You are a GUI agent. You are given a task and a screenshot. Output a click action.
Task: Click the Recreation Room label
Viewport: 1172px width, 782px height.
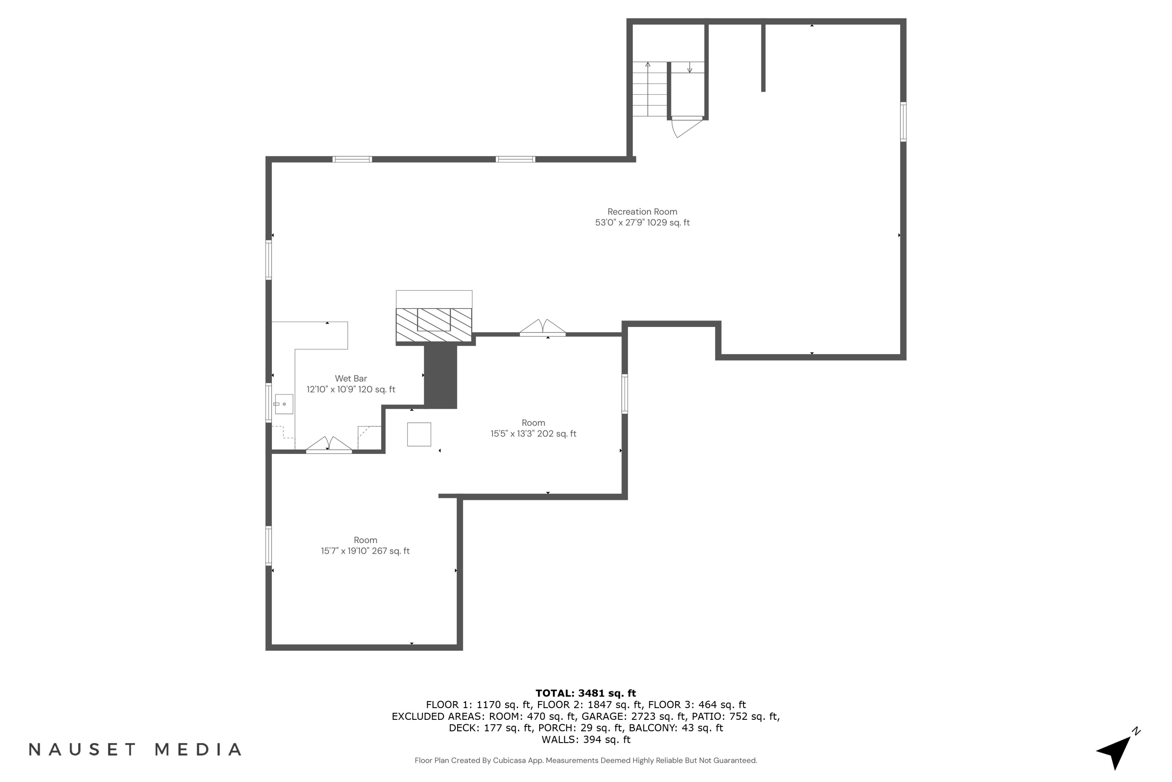click(x=642, y=212)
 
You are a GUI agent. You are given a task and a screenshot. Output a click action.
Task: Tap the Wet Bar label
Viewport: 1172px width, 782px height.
click(x=350, y=378)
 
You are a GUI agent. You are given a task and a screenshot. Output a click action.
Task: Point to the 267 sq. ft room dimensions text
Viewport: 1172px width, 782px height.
click(x=365, y=551)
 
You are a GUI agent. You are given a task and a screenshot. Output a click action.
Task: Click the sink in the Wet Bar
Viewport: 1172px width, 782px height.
click(x=284, y=404)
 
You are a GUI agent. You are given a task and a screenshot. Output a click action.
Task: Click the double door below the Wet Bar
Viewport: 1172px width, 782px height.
click(x=329, y=445)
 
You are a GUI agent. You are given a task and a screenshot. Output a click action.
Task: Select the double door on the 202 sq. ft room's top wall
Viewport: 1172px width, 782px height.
click(x=542, y=327)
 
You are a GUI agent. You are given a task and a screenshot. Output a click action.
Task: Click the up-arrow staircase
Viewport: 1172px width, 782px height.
click(x=649, y=90)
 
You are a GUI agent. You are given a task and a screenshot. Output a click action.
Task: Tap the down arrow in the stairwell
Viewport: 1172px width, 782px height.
click(x=690, y=68)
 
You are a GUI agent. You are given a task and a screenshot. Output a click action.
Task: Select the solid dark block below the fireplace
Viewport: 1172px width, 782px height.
click(x=441, y=377)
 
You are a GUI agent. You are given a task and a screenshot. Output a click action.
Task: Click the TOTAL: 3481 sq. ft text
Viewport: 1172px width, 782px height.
click(x=586, y=693)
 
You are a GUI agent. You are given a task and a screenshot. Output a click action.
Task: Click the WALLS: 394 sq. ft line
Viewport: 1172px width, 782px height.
click(x=586, y=740)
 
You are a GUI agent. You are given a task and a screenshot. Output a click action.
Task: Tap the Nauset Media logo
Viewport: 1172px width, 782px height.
click(x=135, y=750)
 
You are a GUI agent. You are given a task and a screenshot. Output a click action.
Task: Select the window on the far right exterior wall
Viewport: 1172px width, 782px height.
click(x=903, y=122)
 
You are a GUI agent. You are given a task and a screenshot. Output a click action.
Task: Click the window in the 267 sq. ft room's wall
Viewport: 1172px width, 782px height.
click(x=269, y=545)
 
